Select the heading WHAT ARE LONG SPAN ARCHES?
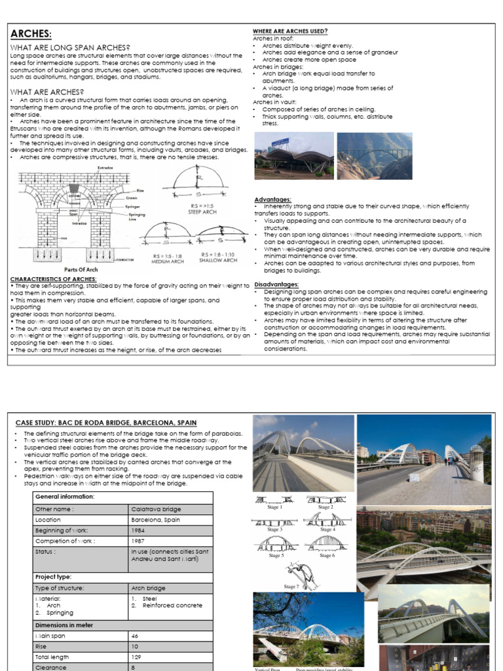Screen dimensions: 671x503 [x=69, y=47]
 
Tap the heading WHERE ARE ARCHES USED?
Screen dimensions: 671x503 [x=290, y=31]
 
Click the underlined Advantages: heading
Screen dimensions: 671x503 [x=273, y=199]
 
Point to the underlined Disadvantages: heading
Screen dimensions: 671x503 [x=277, y=284]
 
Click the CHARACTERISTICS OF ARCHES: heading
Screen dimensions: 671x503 [x=54, y=278]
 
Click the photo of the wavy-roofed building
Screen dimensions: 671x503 [x=293, y=156]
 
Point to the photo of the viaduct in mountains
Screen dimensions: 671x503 [x=375, y=156]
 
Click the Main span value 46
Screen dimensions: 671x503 [x=136, y=636]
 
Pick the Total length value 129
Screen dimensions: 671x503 [x=137, y=657]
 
